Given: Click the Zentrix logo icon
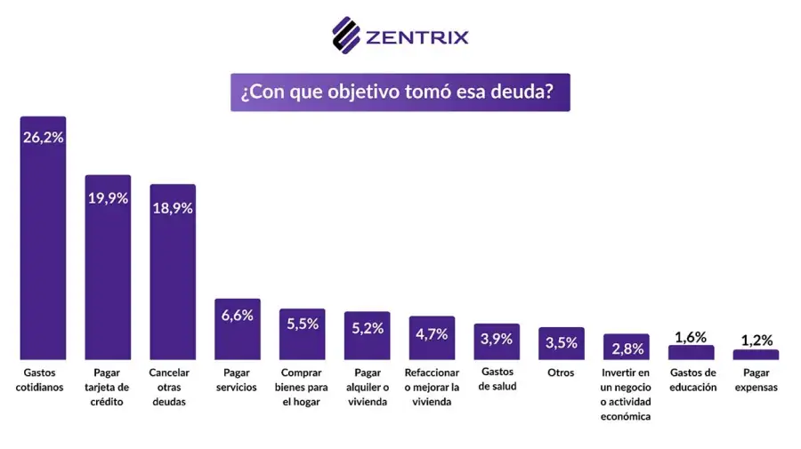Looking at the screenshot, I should pos(345,36).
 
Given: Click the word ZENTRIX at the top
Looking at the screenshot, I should pos(417,37).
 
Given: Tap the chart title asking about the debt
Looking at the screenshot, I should pos(400,92).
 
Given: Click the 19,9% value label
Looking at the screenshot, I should pos(108,198).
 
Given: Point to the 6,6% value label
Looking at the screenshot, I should pos(238,315).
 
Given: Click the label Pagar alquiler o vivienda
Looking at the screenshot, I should pos(367,387).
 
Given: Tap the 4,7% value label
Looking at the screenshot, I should pos(432,334).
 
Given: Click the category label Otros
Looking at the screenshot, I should pos(562,373).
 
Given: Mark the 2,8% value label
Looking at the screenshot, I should pos(627,347).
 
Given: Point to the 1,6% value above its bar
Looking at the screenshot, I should pos(691,337).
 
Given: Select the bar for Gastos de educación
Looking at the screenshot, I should pos(692,353).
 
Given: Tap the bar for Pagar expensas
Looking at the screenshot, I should pos(756,355).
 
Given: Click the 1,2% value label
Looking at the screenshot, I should pos(756,340).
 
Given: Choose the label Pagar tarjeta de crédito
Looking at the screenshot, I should pos(108,387).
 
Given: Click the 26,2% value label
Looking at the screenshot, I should pos(43,138).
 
